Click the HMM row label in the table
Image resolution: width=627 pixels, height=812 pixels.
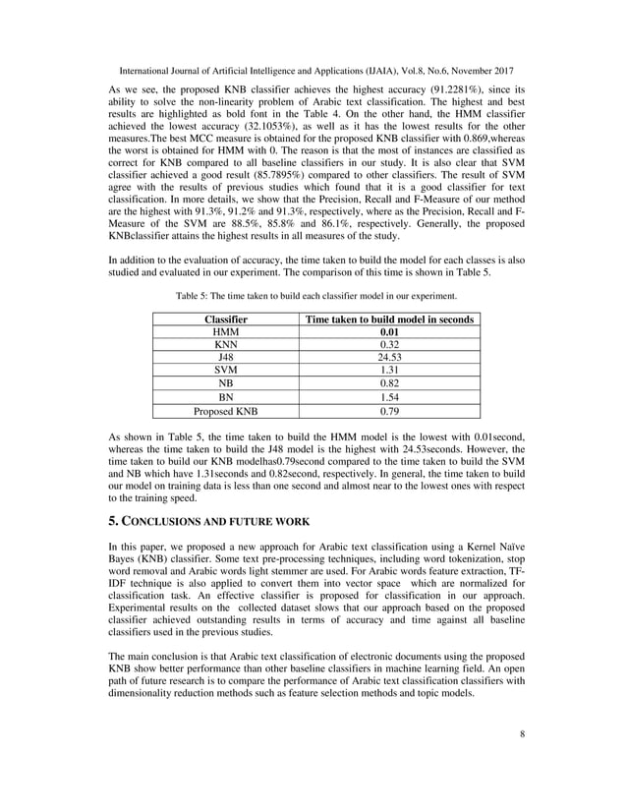(225, 333)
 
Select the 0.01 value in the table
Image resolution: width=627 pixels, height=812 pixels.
(391, 333)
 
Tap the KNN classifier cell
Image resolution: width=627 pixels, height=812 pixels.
(225, 346)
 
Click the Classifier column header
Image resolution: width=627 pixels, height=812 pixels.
(225, 319)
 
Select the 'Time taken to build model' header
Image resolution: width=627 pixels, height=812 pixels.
(391, 319)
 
